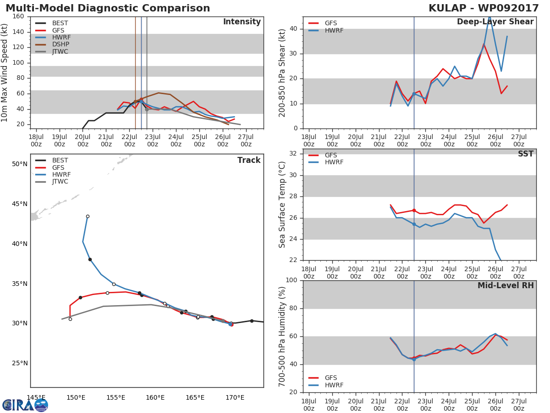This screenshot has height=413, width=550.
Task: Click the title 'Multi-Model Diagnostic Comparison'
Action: [108, 8]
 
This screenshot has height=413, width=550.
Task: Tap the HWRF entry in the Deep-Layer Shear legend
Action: [334, 31]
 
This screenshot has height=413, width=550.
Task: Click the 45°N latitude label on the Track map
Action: [19, 204]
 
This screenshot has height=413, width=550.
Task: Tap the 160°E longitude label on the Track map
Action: [155, 397]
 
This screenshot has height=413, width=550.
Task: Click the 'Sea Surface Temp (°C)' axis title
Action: [282, 205]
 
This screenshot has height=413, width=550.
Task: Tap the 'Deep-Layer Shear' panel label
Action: [495, 22]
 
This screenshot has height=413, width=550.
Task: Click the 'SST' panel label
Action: [525, 154]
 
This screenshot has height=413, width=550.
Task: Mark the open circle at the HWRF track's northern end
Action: [88, 216]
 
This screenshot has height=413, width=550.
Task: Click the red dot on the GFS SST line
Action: [414, 210]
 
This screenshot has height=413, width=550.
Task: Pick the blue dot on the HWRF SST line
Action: [414, 224]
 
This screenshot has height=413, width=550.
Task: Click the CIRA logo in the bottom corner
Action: [25, 405]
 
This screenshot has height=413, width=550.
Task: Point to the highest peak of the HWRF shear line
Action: [489, 17]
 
